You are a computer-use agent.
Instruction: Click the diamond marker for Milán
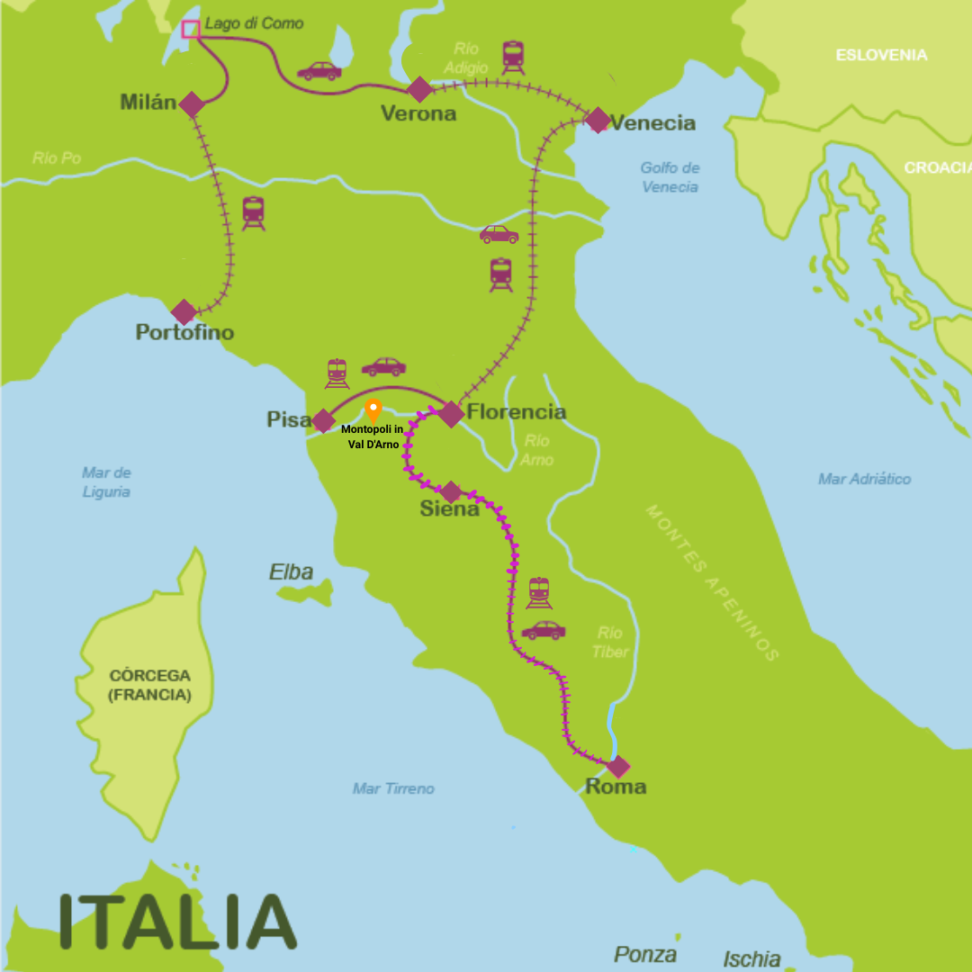pos(191,104)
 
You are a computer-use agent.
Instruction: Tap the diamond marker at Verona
pos(419,89)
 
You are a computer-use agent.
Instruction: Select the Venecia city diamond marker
pos(598,120)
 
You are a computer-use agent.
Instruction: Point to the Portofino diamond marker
pos(184,312)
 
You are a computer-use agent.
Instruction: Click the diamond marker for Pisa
pos(323,420)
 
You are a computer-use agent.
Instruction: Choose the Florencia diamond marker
pos(451,414)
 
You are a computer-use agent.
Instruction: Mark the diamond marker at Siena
pos(451,492)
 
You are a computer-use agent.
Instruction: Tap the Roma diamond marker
pos(618,767)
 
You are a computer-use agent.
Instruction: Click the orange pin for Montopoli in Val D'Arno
pos(373,410)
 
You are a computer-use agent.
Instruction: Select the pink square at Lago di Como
pos(190,30)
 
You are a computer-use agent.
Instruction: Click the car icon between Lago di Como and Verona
pos(319,71)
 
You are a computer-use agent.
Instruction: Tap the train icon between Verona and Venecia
pos(513,57)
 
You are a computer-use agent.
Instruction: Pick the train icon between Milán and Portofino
pos(253,214)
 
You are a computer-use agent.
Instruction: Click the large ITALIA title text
pos(177,922)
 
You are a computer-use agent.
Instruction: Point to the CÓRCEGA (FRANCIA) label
pos(149,685)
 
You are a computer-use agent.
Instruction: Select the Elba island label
pos(292,572)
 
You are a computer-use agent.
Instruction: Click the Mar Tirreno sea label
pos(393,788)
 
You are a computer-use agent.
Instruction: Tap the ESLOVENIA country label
pos(881,55)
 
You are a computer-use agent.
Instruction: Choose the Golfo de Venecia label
pos(670,177)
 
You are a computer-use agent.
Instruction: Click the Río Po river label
pos(57,158)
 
